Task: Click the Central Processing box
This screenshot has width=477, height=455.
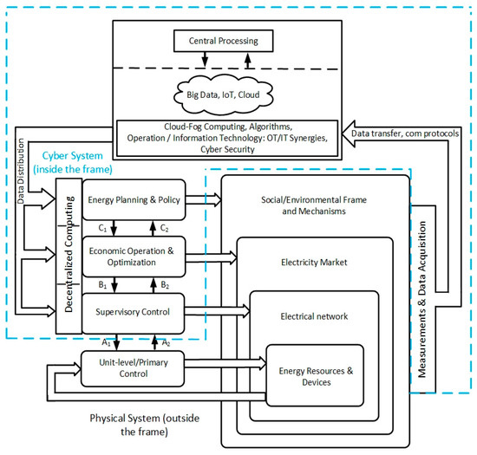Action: tap(223, 41)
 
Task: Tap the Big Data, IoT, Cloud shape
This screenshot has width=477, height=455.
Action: tap(223, 94)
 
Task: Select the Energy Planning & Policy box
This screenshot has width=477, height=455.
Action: tap(134, 199)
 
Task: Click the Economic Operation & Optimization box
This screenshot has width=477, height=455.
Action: tap(134, 257)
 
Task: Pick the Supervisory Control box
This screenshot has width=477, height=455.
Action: tap(134, 313)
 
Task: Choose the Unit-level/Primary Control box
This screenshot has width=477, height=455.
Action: tap(133, 368)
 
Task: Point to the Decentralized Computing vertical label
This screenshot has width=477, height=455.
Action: tap(69, 254)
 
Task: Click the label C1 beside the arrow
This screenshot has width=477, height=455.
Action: tap(102, 228)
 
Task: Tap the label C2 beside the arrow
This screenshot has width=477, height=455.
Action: tap(164, 228)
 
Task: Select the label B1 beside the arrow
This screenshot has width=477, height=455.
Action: tap(102, 285)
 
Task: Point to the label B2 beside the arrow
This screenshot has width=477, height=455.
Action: tap(165, 285)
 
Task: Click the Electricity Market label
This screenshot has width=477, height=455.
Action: tap(314, 263)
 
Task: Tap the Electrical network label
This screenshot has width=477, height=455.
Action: tap(314, 316)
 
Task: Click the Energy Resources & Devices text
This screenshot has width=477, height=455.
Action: tap(316, 376)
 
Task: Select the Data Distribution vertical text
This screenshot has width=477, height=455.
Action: tap(21, 171)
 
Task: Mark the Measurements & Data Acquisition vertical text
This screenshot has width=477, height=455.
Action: tap(421, 299)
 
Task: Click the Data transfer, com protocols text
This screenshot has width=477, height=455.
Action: tap(405, 133)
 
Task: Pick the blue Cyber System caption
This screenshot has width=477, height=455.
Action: tap(73, 162)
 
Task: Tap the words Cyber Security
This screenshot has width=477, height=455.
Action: tap(227, 150)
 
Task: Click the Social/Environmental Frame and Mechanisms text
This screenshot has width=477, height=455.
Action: tap(314, 205)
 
